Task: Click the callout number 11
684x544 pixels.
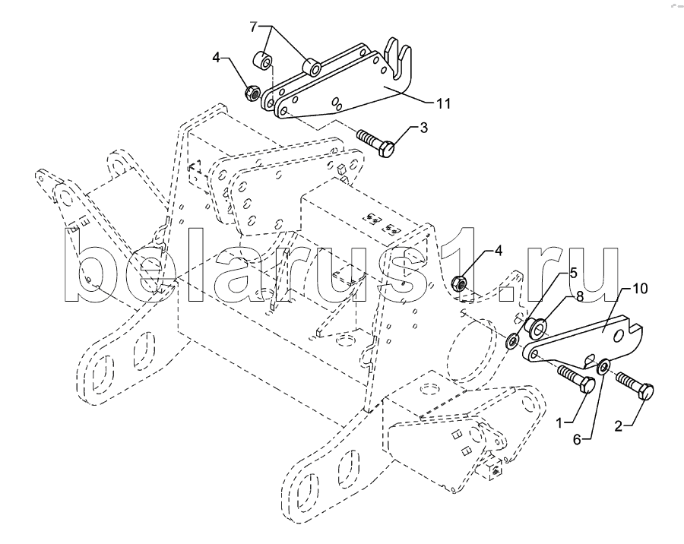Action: point(443,103)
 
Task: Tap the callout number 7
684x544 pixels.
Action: point(254,27)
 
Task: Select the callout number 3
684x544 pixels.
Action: point(423,128)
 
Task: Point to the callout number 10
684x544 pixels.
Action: point(641,289)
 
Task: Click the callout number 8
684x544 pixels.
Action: point(580,296)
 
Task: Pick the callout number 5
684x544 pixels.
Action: point(573,273)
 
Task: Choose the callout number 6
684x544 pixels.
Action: point(577,439)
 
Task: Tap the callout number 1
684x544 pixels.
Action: point(560,422)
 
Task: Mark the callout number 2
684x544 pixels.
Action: point(618,425)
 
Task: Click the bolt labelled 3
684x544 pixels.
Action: point(376,143)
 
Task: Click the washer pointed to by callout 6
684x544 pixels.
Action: point(603,366)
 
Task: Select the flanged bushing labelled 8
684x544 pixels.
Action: point(535,327)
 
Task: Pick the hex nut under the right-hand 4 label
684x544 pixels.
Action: point(459,283)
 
